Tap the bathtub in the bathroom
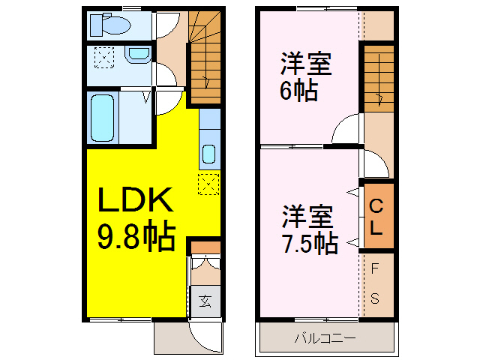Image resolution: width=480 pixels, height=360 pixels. coord(103,117)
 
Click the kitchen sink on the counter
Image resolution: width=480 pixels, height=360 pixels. coord(208,154)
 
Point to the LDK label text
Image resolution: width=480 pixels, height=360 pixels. coord(136,200)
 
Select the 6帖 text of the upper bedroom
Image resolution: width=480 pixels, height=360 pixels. coord(298,91)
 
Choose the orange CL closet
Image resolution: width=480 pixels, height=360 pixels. coord(377,216)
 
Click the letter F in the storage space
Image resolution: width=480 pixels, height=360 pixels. coord(376,268)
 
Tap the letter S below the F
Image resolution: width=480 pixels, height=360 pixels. coord(376,298)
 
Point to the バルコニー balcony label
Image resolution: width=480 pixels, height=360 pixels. coord(325,338)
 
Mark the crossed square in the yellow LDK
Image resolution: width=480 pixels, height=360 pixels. coord(208,183)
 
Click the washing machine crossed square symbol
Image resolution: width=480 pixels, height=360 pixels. coord(104,58)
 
